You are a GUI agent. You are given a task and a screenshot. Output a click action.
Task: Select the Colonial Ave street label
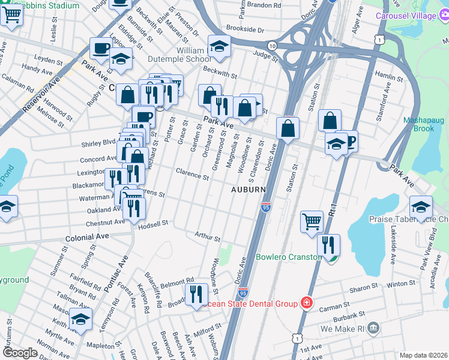click(88, 236)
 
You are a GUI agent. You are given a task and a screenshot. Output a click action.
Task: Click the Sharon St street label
click(364, 288)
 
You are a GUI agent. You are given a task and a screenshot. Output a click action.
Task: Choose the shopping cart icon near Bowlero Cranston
click(312, 221)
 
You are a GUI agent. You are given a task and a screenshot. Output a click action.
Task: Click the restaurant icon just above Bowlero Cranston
click(328, 244)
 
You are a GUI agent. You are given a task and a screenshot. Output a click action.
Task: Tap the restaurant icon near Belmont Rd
click(196, 294)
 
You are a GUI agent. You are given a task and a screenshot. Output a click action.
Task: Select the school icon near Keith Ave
click(80, 320)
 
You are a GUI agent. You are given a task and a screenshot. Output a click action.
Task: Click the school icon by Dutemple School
click(219, 46)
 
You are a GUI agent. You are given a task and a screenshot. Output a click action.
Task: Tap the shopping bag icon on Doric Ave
click(288, 128)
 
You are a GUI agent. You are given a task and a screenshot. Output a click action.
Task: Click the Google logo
click(20, 353)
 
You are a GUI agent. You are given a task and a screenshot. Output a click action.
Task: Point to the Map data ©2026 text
click(423, 355)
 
